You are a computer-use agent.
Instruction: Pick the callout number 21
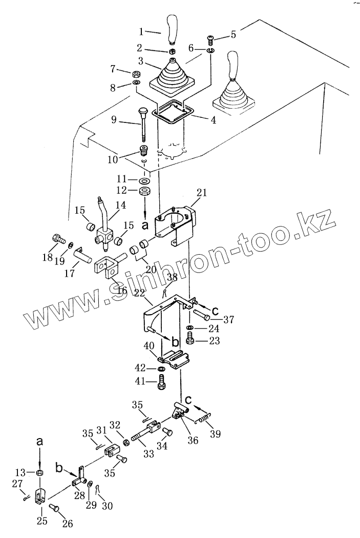click(x=202, y=193)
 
